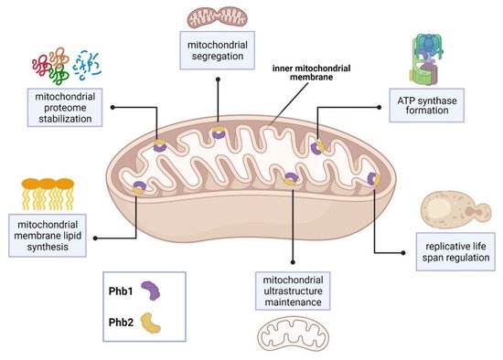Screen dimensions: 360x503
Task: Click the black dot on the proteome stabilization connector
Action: (x=112, y=107)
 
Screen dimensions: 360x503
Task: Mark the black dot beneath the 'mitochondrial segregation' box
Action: (x=217, y=80)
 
